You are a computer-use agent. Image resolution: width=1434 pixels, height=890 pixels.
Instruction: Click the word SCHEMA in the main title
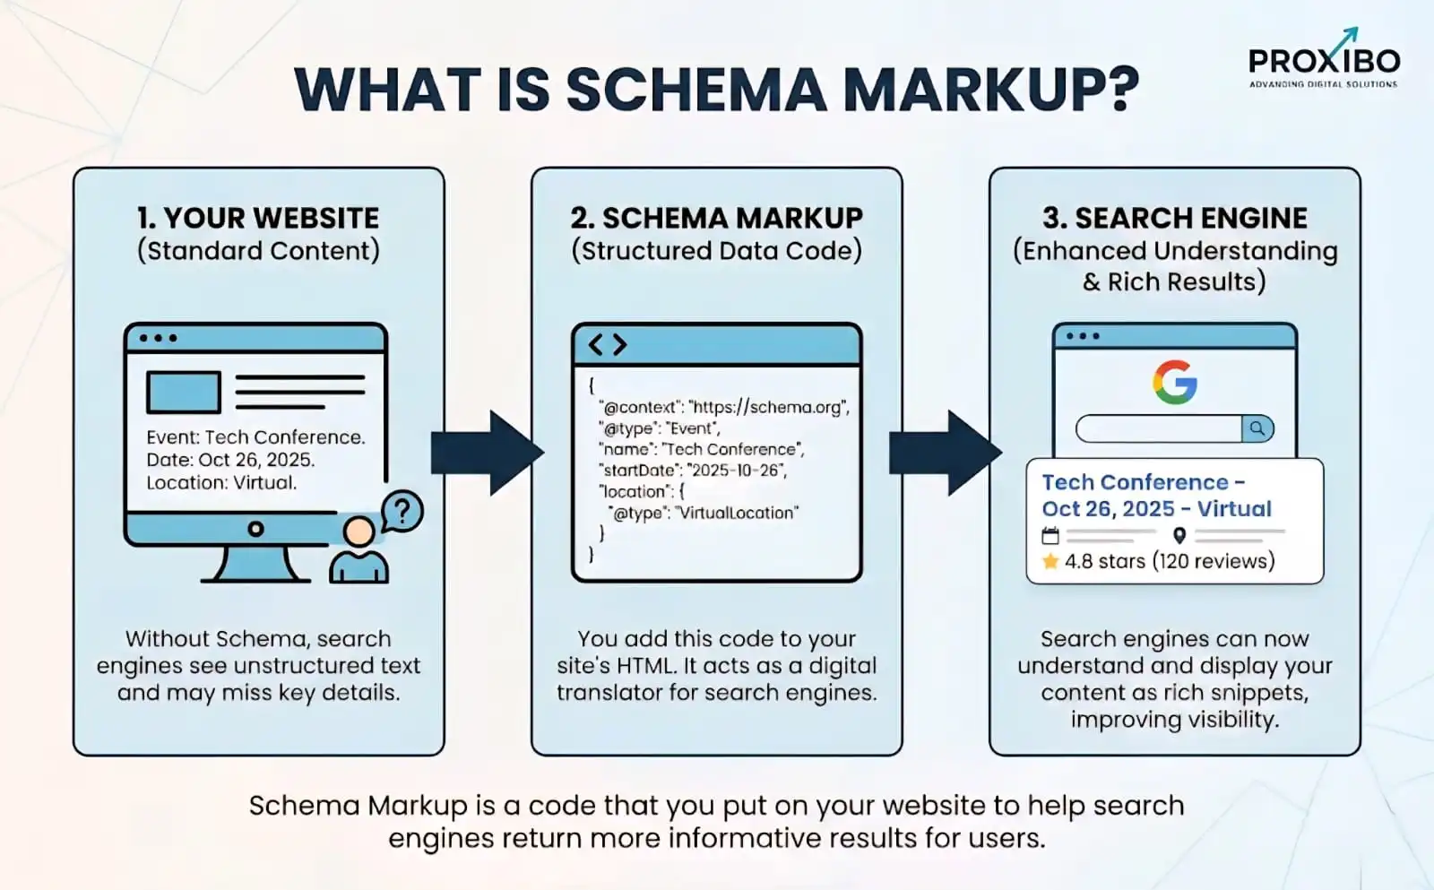(x=695, y=89)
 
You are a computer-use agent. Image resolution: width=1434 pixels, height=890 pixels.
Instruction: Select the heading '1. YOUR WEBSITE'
(x=258, y=218)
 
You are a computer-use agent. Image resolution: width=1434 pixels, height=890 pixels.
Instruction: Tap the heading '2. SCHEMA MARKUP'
(x=716, y=218)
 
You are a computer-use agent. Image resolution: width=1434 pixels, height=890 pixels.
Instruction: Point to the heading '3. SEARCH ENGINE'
(x=1174, y=218)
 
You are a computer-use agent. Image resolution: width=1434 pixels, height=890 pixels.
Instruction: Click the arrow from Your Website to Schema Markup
(x=487, y=453)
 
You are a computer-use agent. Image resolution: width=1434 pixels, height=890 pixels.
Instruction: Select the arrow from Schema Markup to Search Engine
(x=945, y=453)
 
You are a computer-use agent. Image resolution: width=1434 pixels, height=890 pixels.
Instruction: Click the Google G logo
(x=1174, y=383)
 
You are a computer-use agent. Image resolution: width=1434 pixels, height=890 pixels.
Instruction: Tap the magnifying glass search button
(x=1257, y=428)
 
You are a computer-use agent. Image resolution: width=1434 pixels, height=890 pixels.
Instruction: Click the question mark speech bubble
(x=402, y=512)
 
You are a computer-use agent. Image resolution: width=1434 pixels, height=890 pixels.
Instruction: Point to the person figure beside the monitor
(x=358, y=550)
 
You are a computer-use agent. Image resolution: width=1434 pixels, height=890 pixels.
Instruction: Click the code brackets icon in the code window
(x=607, y=344)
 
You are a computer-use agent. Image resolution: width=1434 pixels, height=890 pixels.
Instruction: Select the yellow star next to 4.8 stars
(x=1050, y=562)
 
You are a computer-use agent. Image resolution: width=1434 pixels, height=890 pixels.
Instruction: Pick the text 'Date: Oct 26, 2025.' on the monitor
(x=230, y=460)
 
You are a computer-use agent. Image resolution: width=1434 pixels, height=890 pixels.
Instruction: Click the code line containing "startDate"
(x=693, y=471)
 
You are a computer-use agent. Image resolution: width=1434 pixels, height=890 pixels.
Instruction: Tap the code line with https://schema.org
(x=724, y=407)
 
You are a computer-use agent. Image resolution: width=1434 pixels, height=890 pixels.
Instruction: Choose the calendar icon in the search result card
(x=1050, y=536)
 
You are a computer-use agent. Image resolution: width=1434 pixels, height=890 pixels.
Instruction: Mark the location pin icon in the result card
(x=1179, y=536)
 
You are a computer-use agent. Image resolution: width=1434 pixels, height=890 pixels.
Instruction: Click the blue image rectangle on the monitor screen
(x=184, y=393)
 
